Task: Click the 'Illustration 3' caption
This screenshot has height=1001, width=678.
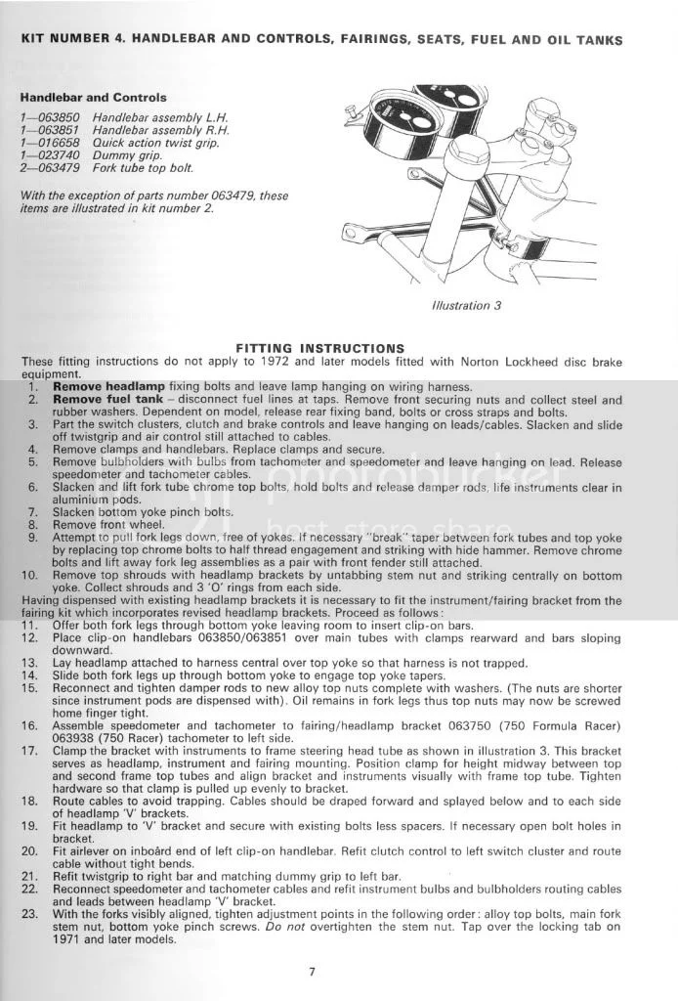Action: coord(466,305)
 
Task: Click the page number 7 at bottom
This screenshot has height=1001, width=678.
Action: coord(337,972)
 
